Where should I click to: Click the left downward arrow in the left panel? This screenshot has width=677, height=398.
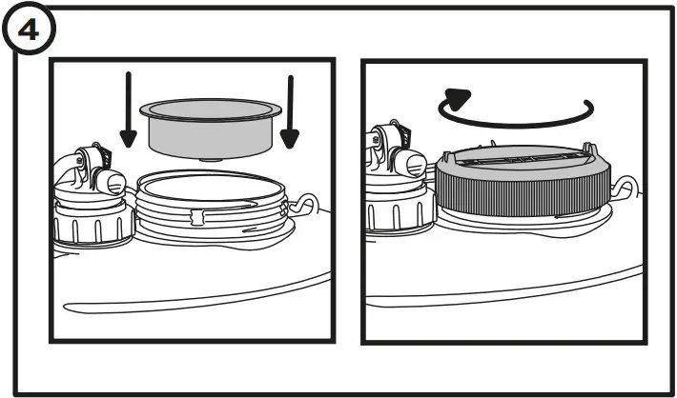point(127,109)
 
